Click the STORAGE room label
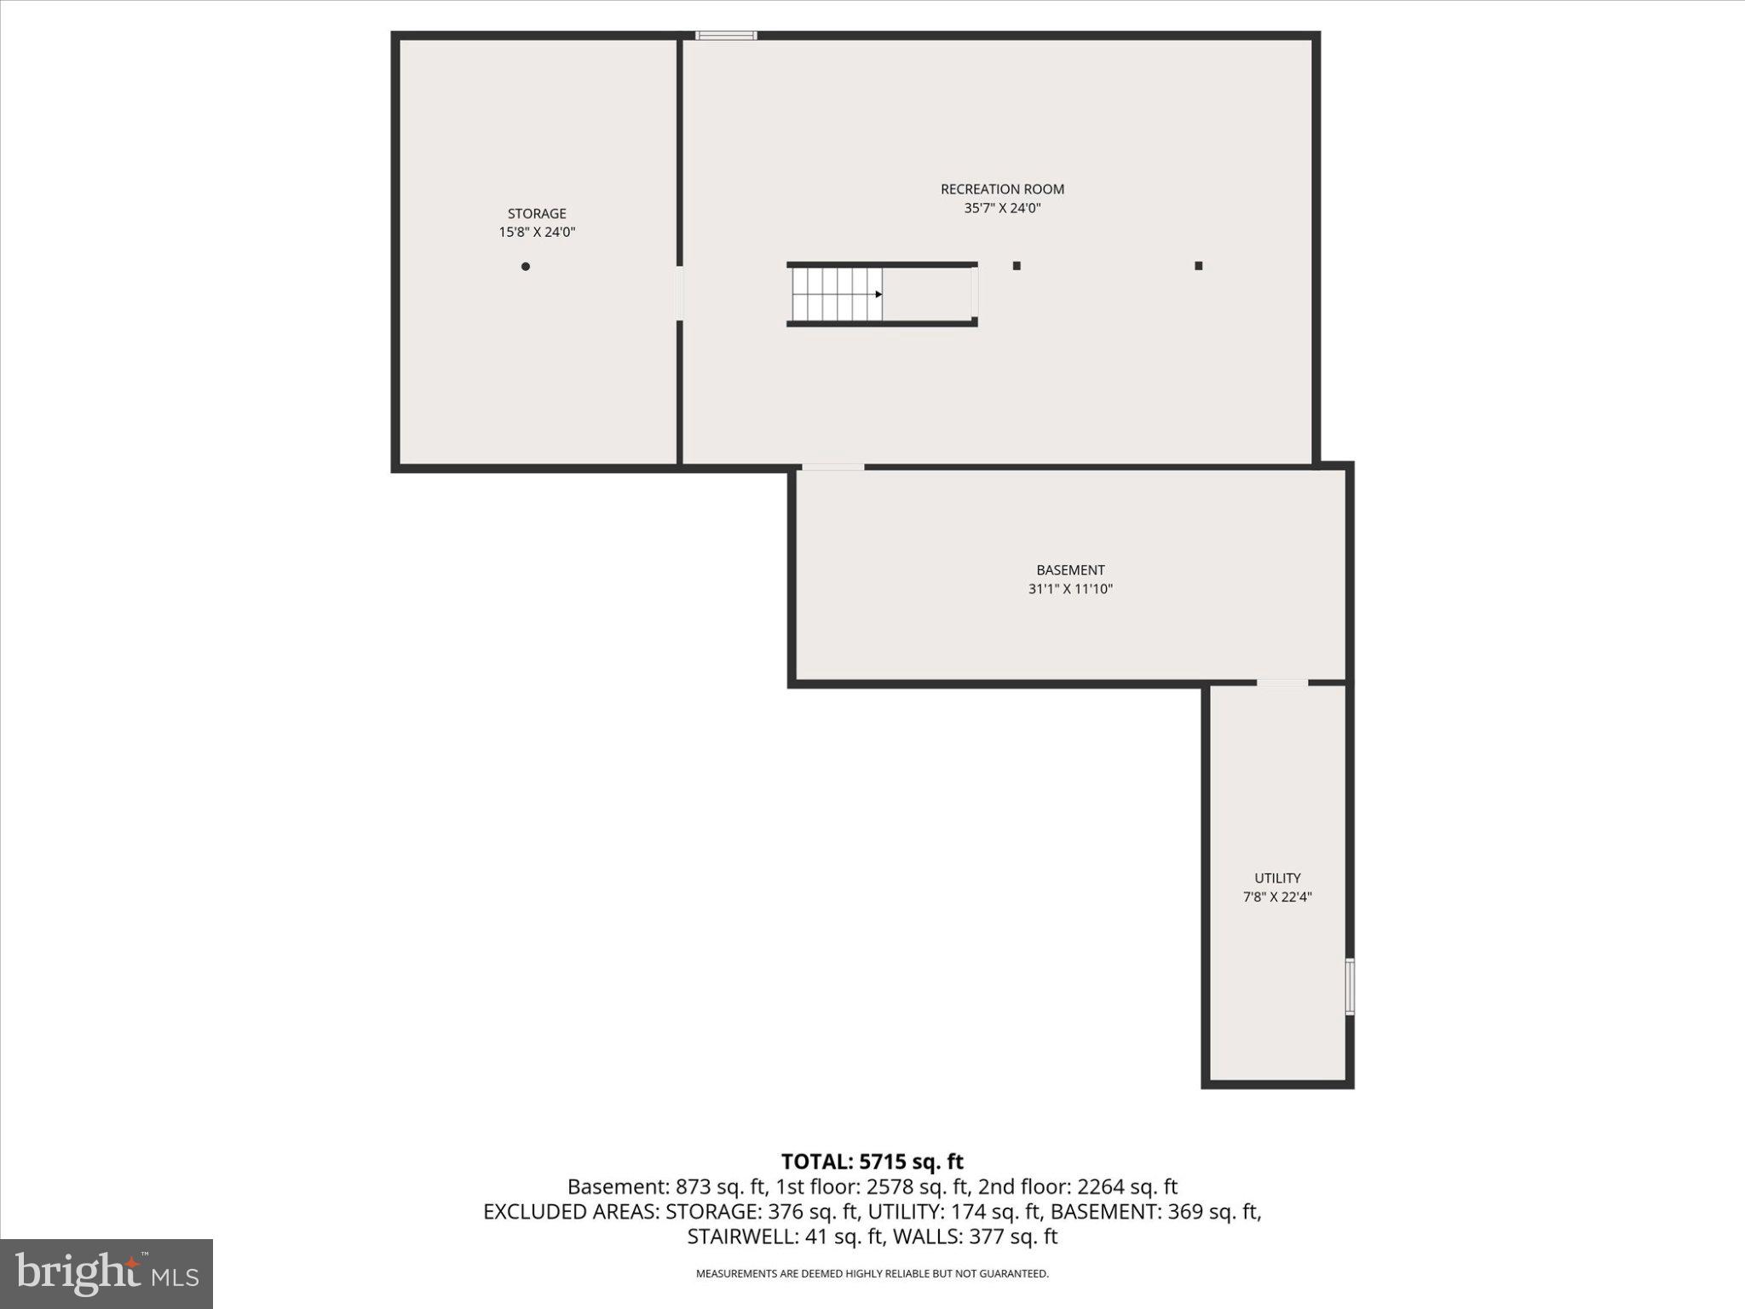[537, 214]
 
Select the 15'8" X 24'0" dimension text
[537, 232]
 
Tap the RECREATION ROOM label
[1002, 189]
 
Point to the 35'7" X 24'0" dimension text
[1002, 208]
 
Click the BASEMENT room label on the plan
[1070, 570]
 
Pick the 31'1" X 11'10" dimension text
[1070, 589]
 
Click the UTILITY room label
[1277, 878]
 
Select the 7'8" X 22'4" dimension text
[1277, 897]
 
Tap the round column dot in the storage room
[526, 267]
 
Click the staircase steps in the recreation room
[835, 294]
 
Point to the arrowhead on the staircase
[878, 294]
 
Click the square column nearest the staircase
[1016, 266]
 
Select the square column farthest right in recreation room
[1198, 266]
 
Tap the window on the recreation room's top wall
[726, 36]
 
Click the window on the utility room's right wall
[1350, 986]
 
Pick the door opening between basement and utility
[1282, 683]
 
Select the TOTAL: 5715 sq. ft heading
[872, 1162]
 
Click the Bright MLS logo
[107, 1273]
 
